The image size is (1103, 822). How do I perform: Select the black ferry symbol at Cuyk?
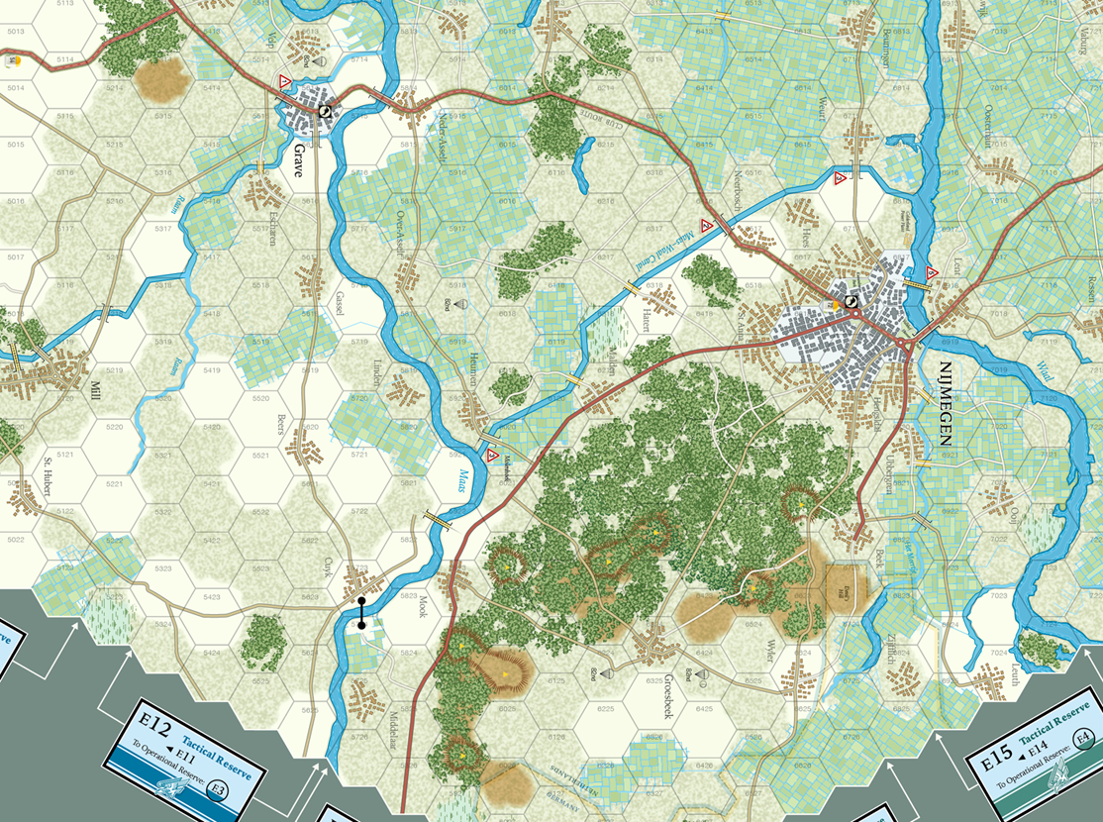[x=361, y=613]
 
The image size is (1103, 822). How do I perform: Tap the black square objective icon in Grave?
[x=324, y=111]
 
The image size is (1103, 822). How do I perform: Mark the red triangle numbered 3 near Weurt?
[x=841, y=179]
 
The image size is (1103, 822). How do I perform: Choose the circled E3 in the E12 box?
[x=219, y=789]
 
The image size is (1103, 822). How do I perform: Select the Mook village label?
[x=421, y=608]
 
